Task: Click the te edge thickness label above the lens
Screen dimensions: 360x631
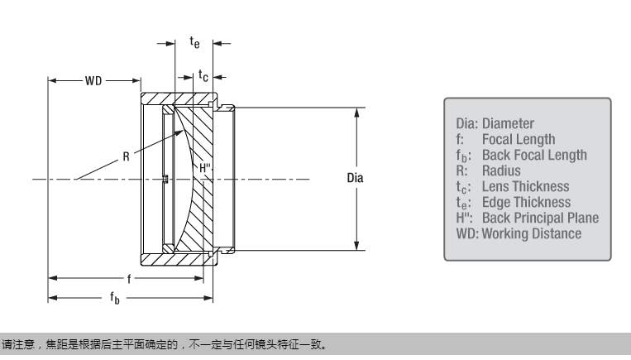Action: (x=194, y=41)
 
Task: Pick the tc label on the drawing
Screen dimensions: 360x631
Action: (x=203, y=76)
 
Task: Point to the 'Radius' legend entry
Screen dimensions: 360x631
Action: (x=501, y=171)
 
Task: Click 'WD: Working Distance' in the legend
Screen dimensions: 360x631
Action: (x=519, y=234)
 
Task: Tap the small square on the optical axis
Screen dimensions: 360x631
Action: (x=165, y=178)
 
